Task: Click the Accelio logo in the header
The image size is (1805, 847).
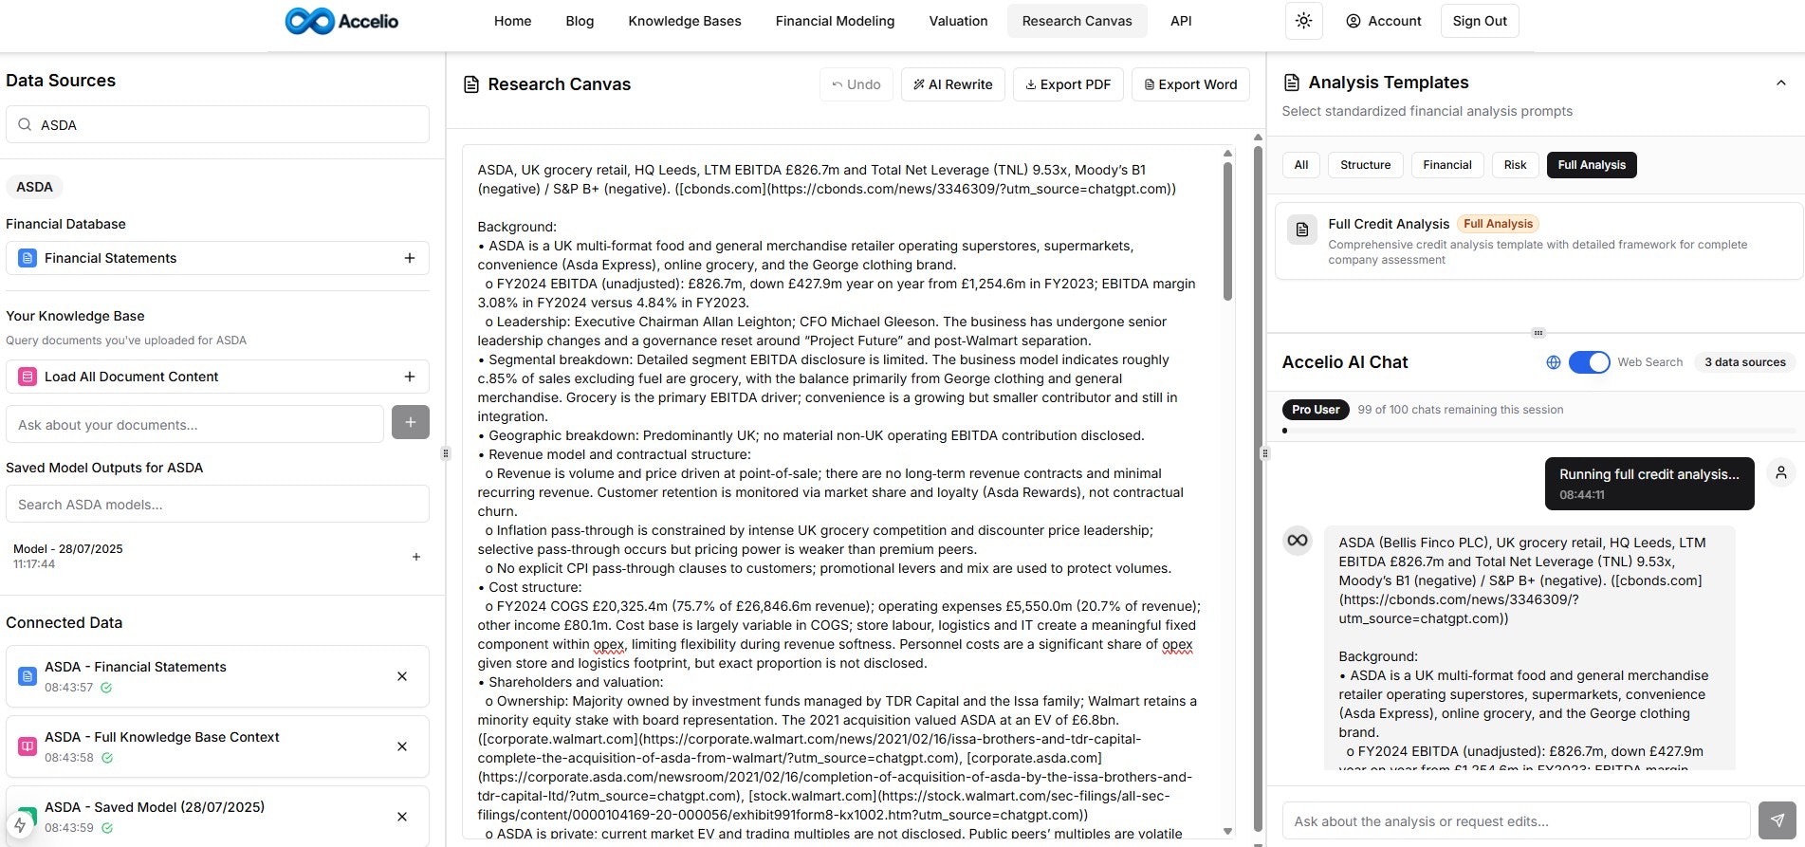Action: (341, 21)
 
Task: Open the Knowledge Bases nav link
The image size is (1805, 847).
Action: (684, 21)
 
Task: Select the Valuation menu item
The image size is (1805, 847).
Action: (958, 21)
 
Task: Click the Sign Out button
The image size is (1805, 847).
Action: (1479, 21)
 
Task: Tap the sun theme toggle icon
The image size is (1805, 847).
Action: (1303, 21)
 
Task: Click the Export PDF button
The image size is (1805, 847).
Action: (1068, 84)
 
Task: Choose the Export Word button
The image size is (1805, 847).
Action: (1190, 84)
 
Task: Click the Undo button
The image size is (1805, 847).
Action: (856, 84)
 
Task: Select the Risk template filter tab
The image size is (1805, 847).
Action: (1515, 165)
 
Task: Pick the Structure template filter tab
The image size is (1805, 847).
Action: (1365, 165)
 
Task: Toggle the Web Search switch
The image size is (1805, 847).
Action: (1589, 362)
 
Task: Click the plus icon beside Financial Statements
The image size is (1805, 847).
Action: (410, 258)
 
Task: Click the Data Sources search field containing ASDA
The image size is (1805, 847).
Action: (218, 125)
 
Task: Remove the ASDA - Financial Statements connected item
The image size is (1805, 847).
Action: (402, 676)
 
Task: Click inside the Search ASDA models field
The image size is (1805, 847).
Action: (218, 505)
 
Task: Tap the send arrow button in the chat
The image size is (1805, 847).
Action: (1777, 820)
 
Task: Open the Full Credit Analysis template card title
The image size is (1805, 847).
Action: (1389, 224)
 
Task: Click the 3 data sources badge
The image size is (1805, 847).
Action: (1744, 362)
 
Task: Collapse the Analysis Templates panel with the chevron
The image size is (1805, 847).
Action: (1780, 83)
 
